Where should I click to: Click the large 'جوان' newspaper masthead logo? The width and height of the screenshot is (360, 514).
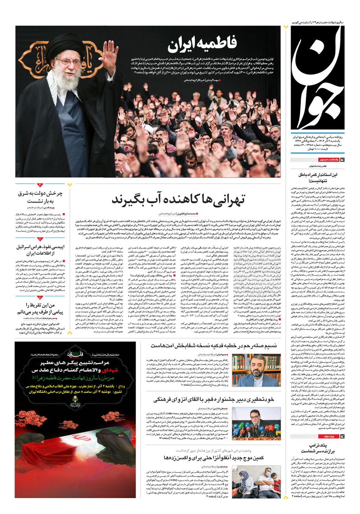317,77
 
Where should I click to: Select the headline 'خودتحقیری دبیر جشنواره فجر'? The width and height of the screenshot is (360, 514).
214,400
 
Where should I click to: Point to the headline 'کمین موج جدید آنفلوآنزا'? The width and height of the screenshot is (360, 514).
214,457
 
